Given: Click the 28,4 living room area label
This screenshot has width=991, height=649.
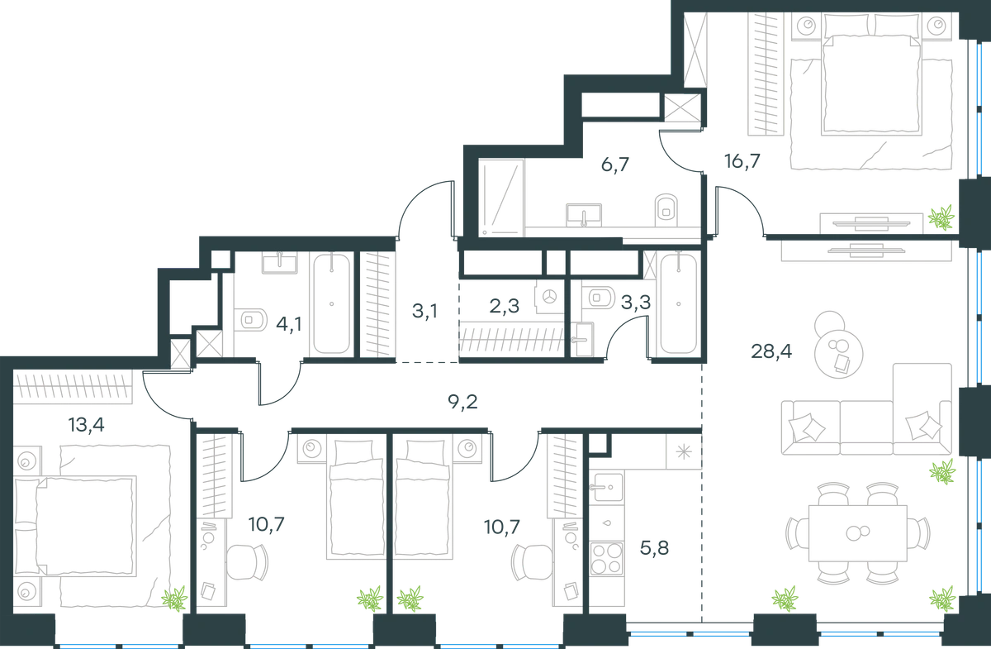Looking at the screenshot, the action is point(771,351).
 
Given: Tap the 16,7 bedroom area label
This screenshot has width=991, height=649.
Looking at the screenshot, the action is point(742,161).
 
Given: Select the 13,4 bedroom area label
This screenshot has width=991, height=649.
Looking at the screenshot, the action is point(86,425).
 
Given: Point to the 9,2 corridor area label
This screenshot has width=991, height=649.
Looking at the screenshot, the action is point(462,402).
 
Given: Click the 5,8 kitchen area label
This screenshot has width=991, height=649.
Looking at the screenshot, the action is point(654,548).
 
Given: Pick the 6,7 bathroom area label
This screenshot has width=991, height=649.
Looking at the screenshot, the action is point(615,165).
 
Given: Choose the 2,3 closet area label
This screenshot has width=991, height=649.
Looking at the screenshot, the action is point(504,306).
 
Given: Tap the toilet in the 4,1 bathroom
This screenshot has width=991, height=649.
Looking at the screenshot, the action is point(250,319).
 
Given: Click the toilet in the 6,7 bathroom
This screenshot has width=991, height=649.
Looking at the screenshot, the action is point(666,210).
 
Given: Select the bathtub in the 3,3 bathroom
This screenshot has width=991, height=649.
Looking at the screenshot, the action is point(678,304).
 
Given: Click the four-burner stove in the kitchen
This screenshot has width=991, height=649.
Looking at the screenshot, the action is point(606,559).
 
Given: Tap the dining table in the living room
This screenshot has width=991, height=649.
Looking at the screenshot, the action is point(858,533).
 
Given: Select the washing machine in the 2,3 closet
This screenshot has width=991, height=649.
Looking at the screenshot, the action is point(550,297).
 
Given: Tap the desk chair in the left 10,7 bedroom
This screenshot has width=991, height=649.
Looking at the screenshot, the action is point(247,561).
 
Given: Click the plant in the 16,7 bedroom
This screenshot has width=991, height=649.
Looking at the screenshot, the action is point(941,218).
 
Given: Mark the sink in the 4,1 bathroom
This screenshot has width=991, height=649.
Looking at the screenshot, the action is point(280,262).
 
